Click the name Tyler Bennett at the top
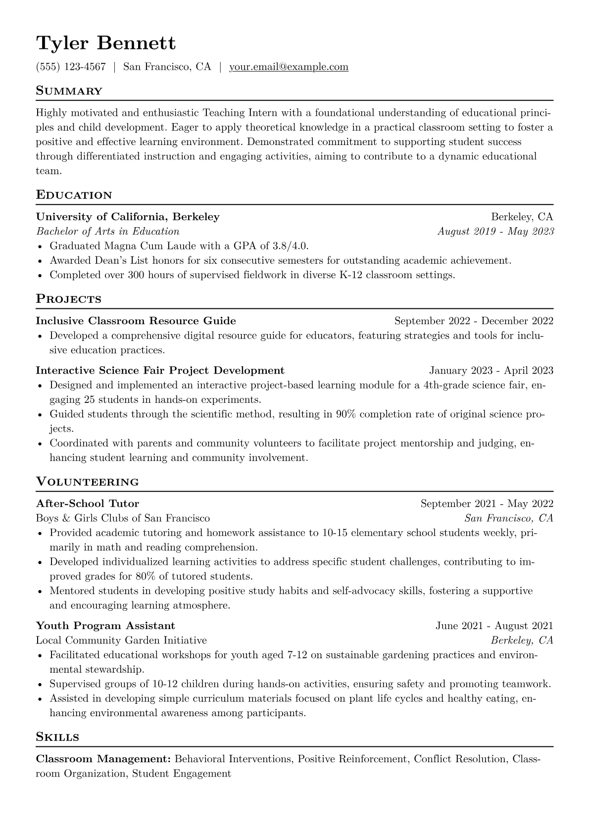click(105, 44)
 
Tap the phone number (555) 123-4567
click(71, 67)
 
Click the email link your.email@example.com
click(289, 67)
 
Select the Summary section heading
click(69, 91)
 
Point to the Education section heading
click(74, 195)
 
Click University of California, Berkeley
click(128, 217)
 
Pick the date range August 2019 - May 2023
click(495, 232)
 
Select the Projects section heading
click(68, 299)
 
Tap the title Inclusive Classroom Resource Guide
click(136, 321)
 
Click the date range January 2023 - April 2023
click(491, 371)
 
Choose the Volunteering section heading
click(87, 482)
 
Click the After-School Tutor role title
click(88, 504)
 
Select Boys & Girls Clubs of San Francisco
click(123, 518)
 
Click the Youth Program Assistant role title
click(105, 626)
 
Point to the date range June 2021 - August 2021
click(494, 626)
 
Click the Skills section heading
click(57, 737)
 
